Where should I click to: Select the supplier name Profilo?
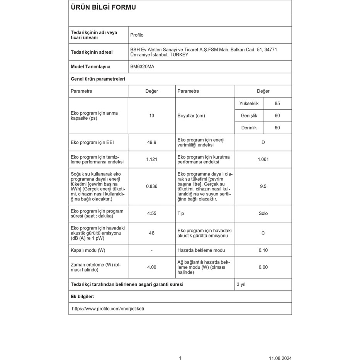(x=137, y=35)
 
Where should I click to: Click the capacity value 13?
(x=151, y=115)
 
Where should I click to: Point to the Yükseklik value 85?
(x=277, y=104)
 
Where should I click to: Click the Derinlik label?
(x=249, y=127)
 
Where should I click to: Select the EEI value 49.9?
(x=151, y=143)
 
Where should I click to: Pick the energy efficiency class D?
(x=263, y=143)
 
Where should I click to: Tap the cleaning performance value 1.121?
(x=151, y=160)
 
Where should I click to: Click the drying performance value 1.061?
(x=263, y=160)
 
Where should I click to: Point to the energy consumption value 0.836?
(x=151, y=186)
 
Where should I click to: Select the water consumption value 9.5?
(x=263, y=186)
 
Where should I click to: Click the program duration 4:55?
(x=151, y=214)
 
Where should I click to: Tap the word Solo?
(x=263, y=214)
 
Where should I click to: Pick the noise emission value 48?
(x=151, y=233)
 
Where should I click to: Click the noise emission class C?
(x=263, y=233)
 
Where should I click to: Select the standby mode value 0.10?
(x=263, y=250)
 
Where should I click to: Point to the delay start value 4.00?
(x=151, y=267)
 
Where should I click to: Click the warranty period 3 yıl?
(x=241, y=284)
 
